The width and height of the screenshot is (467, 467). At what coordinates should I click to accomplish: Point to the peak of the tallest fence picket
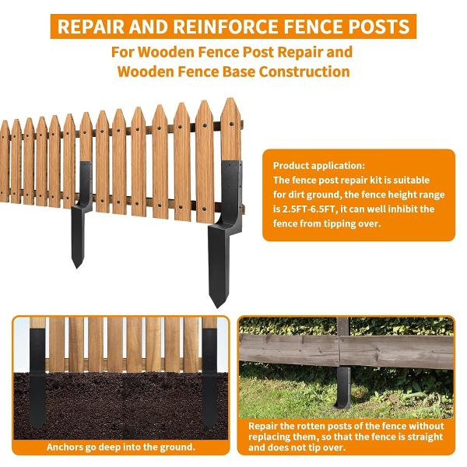230,100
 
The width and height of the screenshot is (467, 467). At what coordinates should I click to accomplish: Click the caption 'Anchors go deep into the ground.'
121,448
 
